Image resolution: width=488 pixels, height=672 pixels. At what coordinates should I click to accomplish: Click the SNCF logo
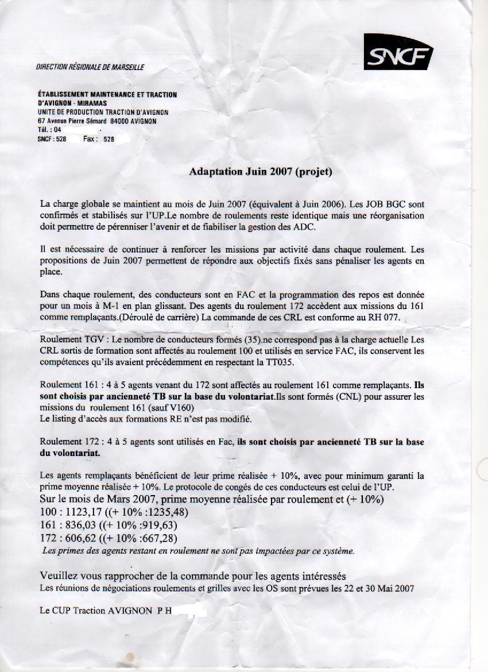coord(398,52)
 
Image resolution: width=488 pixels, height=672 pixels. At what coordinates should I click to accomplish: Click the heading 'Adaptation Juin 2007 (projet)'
coord(261,171)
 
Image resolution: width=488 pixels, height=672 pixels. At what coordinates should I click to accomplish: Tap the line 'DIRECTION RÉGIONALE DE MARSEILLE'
coord(90,67)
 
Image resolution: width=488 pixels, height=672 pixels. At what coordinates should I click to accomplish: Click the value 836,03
coord(75,525)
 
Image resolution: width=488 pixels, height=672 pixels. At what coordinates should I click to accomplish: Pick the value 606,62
coord(75,538)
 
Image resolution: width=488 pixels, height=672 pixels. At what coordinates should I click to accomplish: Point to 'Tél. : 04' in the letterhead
coord(49,130)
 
